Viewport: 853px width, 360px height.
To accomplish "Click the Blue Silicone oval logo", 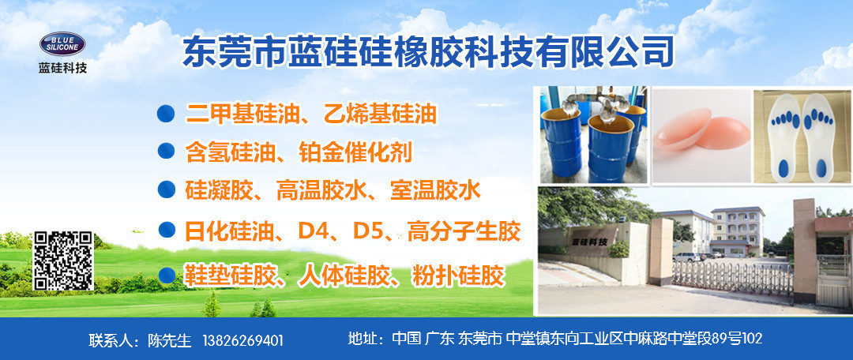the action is (62, 44).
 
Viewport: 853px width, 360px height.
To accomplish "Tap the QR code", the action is (63, 261).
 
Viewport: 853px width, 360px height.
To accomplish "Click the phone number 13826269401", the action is (242, 341).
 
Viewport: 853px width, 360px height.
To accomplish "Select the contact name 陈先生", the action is (170, 341).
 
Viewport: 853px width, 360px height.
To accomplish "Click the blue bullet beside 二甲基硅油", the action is (165, 114).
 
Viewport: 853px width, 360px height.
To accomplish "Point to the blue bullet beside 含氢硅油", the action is (166, 151).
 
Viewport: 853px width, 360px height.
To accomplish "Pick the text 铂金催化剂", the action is (355, 152).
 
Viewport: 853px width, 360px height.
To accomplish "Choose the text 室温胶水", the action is (435, 190).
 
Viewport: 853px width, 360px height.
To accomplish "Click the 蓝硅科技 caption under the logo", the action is (62, 68).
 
